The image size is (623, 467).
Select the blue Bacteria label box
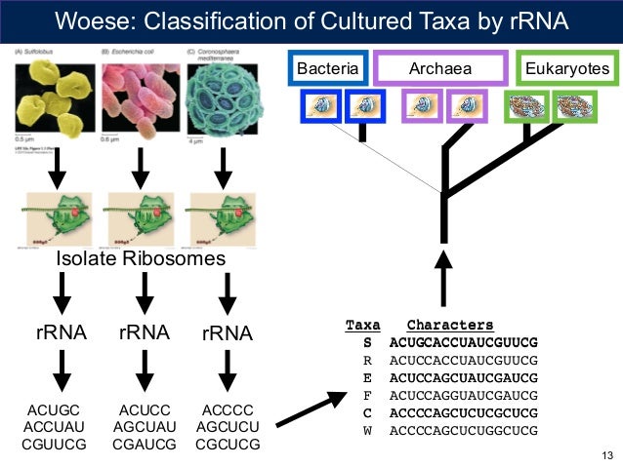(x=328, y=68)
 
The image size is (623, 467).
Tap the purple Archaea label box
(x=440, y=68)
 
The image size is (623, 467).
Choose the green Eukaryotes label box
(x=567, y=68)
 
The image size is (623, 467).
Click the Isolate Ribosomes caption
(x=141, y=258)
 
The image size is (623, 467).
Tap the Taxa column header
(x=363, y=325)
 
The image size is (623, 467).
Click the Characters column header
(x=450, y=325)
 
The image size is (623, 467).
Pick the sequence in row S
(x=463, y=342)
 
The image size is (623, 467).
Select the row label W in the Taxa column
(x=367, y=430)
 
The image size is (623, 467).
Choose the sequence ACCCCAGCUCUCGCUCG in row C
(x=463, y=412)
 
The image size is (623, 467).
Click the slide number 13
(x=607, y=455)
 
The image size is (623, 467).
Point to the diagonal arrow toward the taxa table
(x=311, y=409)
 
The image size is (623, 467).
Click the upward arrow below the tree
(x=444, y=278)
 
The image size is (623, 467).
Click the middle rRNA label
(x=144, y=332)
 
